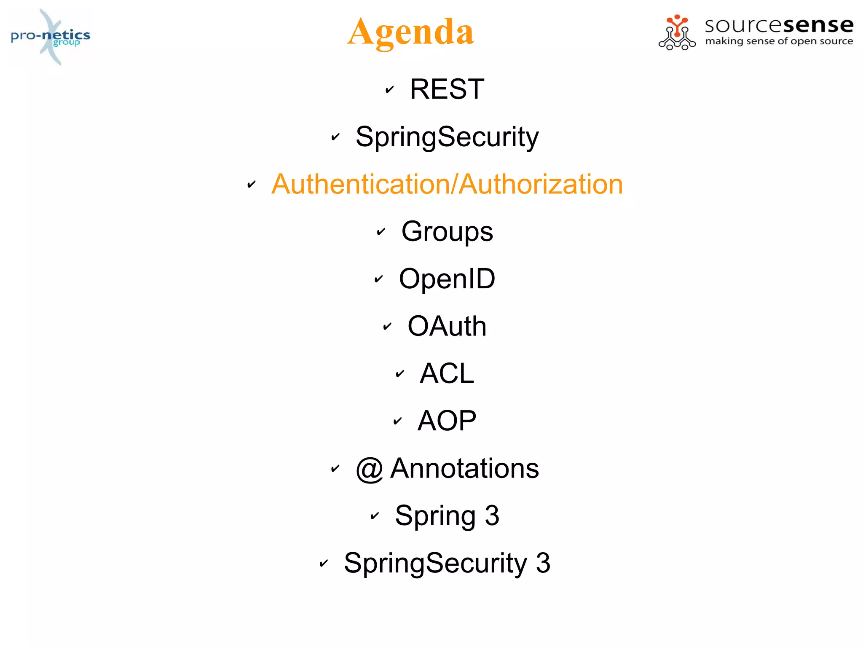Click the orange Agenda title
point(411,32)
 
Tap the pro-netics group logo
point(51,37)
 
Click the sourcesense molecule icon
point(677,33)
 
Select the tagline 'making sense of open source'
point(779,41)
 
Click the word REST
point(447,89)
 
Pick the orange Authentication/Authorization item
point(447,184)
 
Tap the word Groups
point(447,231)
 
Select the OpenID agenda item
point(447,279)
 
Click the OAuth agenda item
point(447,326)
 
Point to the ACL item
point(447,373)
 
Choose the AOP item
point(447,421)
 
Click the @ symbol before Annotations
point(369,469)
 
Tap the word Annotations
point(464,468)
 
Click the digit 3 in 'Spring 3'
point(492,515)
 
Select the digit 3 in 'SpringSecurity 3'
point(543,563)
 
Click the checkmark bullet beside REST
point(390,89)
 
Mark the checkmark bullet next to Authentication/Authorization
point(252,184)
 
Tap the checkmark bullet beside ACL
point(400,374)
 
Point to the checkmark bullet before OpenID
point(379,279)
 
